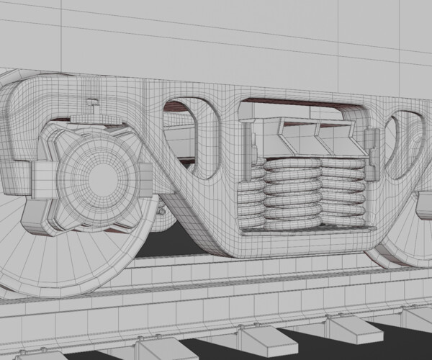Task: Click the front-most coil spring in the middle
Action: coord(292,191)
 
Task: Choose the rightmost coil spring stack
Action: coord(343,191)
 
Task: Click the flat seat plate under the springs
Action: coord(302,229)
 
